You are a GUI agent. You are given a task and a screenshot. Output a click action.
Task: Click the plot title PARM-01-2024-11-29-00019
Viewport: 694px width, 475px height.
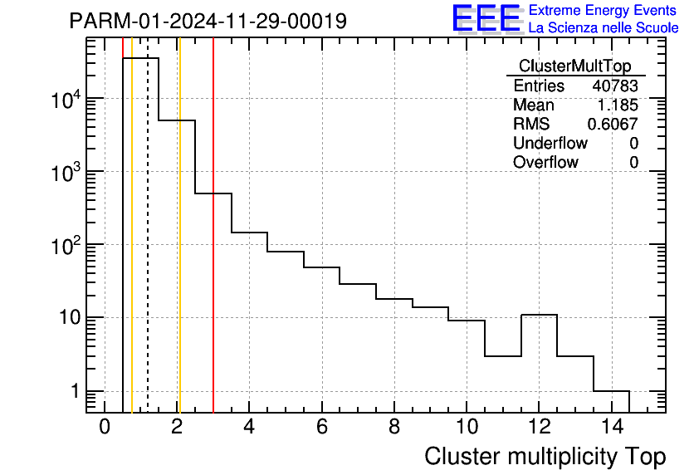tap(208, 21)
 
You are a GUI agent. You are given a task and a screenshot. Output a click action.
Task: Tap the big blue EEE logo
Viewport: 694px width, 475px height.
tap(486, 18)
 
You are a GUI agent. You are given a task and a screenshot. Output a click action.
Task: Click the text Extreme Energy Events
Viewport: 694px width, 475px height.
tap(604, 11)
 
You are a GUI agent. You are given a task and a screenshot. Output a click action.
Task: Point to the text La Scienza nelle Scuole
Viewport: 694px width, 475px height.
tap(604, 28)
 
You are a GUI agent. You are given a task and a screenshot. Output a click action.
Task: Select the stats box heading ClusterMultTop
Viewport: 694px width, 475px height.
tap(574, 66)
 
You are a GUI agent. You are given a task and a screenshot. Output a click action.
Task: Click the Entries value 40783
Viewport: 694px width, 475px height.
tap(615, 86)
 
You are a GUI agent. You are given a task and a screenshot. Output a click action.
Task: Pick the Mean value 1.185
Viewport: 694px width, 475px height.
tap(618, 105)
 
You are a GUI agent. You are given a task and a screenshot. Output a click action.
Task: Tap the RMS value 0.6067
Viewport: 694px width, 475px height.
tap(613, 124)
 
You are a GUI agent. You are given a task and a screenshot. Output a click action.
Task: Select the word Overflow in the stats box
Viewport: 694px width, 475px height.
tap(545, 162)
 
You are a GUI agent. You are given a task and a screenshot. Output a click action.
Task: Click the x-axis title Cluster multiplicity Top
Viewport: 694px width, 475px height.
tap(545, 456)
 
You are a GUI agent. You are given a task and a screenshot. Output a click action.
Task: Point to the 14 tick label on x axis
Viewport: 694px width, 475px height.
tap(610, 427)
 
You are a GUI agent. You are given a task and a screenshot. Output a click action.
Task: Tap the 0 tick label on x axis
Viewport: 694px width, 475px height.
tap(105, 427)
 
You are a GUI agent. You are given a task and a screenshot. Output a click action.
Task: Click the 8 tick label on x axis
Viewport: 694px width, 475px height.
tap(394, 427)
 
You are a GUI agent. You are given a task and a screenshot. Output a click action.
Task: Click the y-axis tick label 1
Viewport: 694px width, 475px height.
tap(76, 391)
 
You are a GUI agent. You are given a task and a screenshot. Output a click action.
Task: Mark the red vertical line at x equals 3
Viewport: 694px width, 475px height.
tap(213, 249)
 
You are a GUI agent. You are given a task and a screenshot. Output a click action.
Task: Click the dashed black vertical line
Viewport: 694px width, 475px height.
tap(148, 249)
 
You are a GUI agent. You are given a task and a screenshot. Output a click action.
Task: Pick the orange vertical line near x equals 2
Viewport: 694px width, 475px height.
tap(179, 249)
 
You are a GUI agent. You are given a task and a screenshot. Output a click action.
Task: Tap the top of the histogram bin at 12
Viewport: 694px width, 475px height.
tap(539, 315)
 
